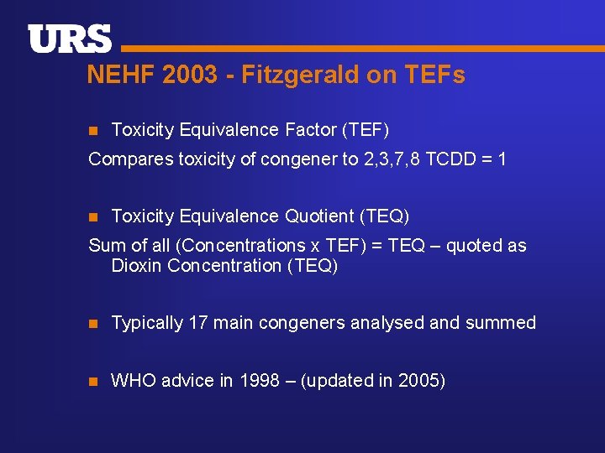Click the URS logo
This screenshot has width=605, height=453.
pyautogui.click(x=70, y=39)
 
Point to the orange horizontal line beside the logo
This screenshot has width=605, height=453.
pyautogui.click(x=361, y=49)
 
